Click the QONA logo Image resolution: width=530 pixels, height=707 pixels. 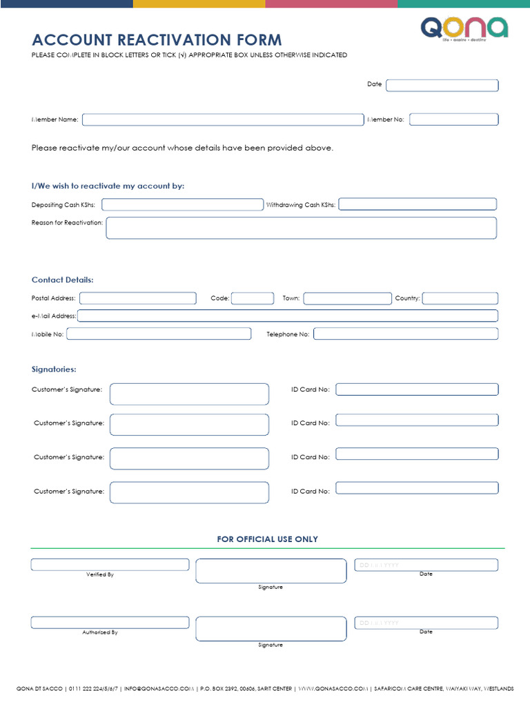(464, 28)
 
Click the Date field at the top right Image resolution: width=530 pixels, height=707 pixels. (442, 85)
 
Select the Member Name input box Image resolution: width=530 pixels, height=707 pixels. (222, 119)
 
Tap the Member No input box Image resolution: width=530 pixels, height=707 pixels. (453, 119)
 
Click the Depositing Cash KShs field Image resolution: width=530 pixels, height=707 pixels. (183, 204)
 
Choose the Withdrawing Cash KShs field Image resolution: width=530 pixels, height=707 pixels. (417, 204)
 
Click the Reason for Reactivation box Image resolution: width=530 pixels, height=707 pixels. (301, 228)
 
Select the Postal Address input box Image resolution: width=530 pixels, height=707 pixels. (138, 298)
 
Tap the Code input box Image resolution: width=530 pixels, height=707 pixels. (253, 298)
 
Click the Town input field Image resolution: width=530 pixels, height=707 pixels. (347, 298)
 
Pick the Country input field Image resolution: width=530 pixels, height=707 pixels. (460, 298)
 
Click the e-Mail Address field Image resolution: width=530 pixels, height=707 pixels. (287, 316)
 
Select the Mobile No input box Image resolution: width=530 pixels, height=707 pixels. (159, 333)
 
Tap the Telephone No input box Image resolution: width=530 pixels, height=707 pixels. (405, 333)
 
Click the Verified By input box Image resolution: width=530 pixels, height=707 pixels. (110, 565)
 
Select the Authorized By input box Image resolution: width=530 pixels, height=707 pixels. (110, 622)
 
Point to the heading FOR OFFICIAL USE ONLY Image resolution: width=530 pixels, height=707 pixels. (267, 539)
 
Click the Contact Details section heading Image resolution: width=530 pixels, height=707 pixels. (62, 280)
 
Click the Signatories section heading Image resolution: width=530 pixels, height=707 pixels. (54, 369)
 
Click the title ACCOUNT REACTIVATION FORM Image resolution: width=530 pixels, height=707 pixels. (157, 40)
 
